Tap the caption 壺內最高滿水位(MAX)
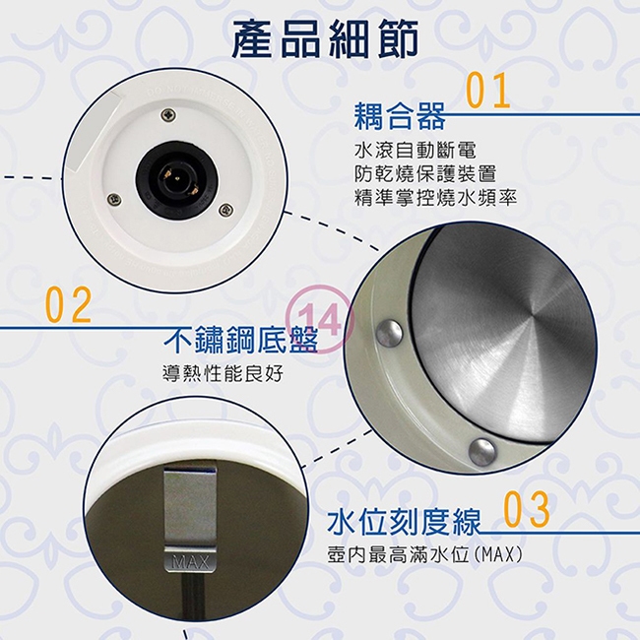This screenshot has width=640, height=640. point(423,555)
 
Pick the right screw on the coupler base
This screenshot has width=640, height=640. point(226,209)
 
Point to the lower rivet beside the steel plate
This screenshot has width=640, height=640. point(482,452)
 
